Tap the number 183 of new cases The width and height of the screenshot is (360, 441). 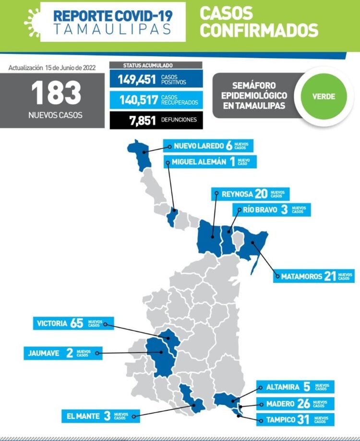click(x=57, y=93)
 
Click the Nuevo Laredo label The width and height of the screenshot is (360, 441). click(x=208, y=146)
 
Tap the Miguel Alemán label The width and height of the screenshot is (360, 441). click(x=210, y=162)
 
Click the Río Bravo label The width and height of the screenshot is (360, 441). click(x=271, y=210)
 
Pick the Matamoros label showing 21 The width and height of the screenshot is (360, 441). click(x=314, y=276)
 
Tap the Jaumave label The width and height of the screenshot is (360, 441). click(x=62, y=353)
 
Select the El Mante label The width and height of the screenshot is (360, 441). click(x=100, y=416)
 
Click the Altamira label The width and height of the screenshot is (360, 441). click(x=293, y=387)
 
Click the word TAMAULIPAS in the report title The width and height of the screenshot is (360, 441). click(x=112, y=28)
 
